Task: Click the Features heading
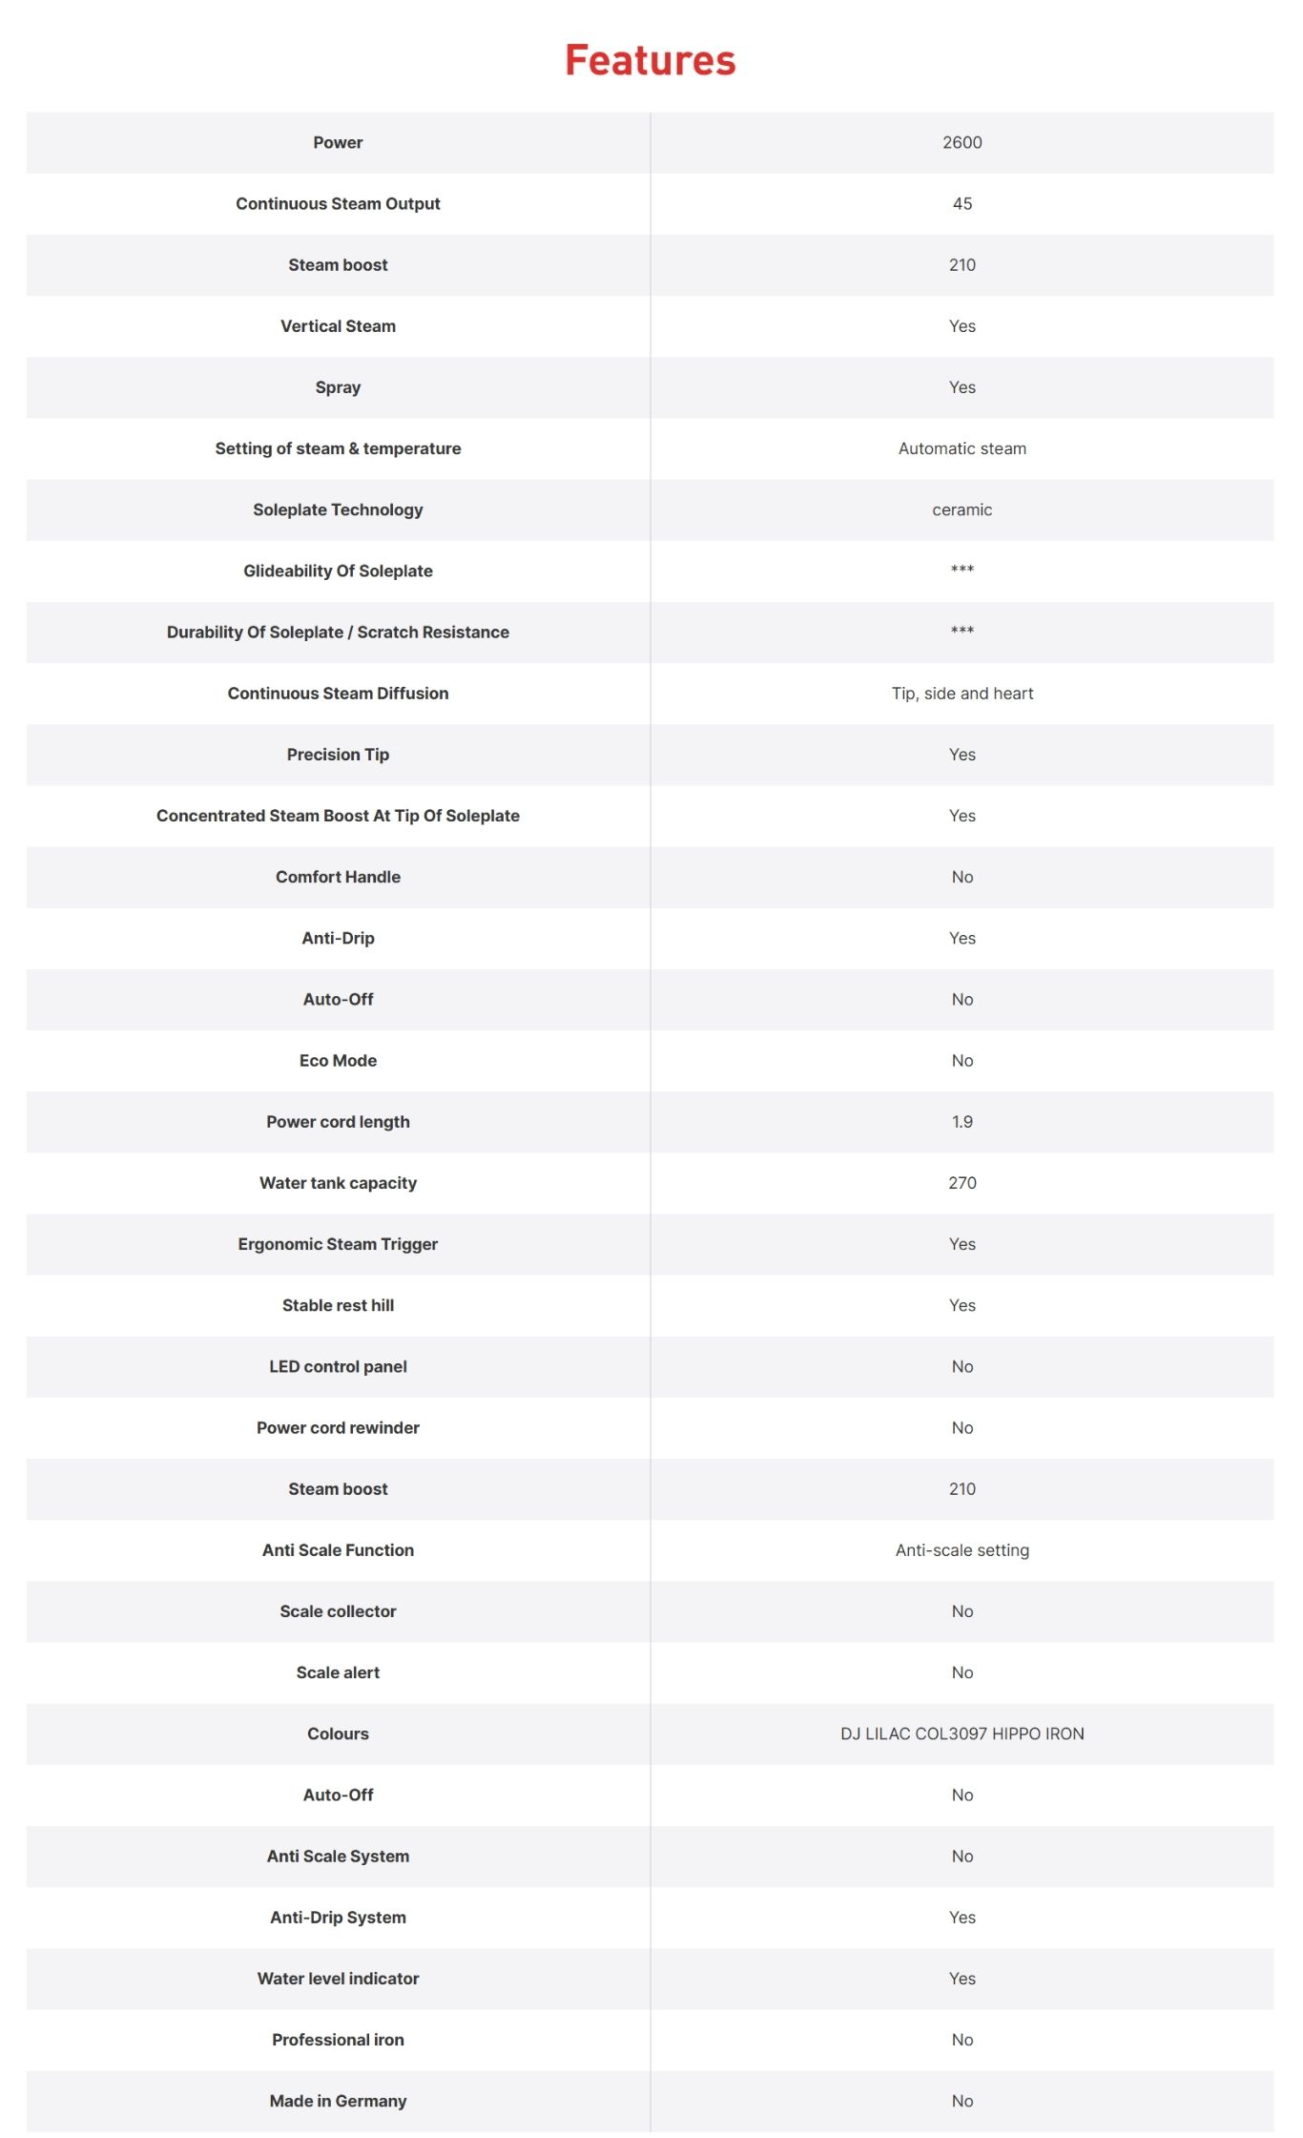pyautogui.click(x=651, y=60)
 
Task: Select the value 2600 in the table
pyautogui.click(x=962, y=142)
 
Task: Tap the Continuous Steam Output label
pyautogui.click(x=338, y=203)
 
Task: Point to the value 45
pyautogui.click(x=962, y=203)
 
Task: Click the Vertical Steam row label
pyautogui.click(x=338, y=326)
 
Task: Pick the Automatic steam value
pyautogui.click(x=962, y=448)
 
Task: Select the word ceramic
pyautogui.click(x=962, y=509)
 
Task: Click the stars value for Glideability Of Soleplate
pyautogui.click(x=962, y=570)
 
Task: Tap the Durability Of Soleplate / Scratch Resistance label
pyautogui.click(x=338, y=632)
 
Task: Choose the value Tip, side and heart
pyautogui.click(x=962, y=694)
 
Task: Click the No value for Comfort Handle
pyautogui.click(x=962, y=877)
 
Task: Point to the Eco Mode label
pyautogui.click(x=338, y=1060)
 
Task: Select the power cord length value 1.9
pyautogui.click(x=962, y=1122)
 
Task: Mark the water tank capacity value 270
pyautogui.click(x=962, y=1183)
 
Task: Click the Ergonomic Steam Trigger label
pyautogui.click(x=338, y=1244)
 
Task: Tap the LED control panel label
pyautogui.click(x=338, y=1366)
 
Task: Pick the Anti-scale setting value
pyautogui.click(x=962, y=1550)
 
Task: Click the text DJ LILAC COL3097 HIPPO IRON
pyautogui.click(x=962, y=1733)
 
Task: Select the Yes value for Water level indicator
pyautogui.click(x=962, y=1979)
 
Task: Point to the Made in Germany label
pyautogui.click(x=338, y=2101)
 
